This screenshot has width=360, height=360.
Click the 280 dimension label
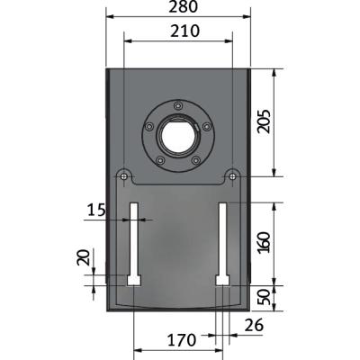pos(183,6)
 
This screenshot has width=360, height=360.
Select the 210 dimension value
pos(184,31)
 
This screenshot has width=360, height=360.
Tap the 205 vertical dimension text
pos(265,121)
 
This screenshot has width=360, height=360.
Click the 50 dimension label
pos(265,298)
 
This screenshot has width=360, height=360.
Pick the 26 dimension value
pos(254,325)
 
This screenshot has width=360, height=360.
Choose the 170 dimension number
pos(182,340)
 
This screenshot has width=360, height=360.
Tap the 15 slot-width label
pos(96,210)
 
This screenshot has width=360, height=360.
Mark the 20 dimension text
pos(84,257)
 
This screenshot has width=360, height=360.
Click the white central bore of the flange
pos(178,134)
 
